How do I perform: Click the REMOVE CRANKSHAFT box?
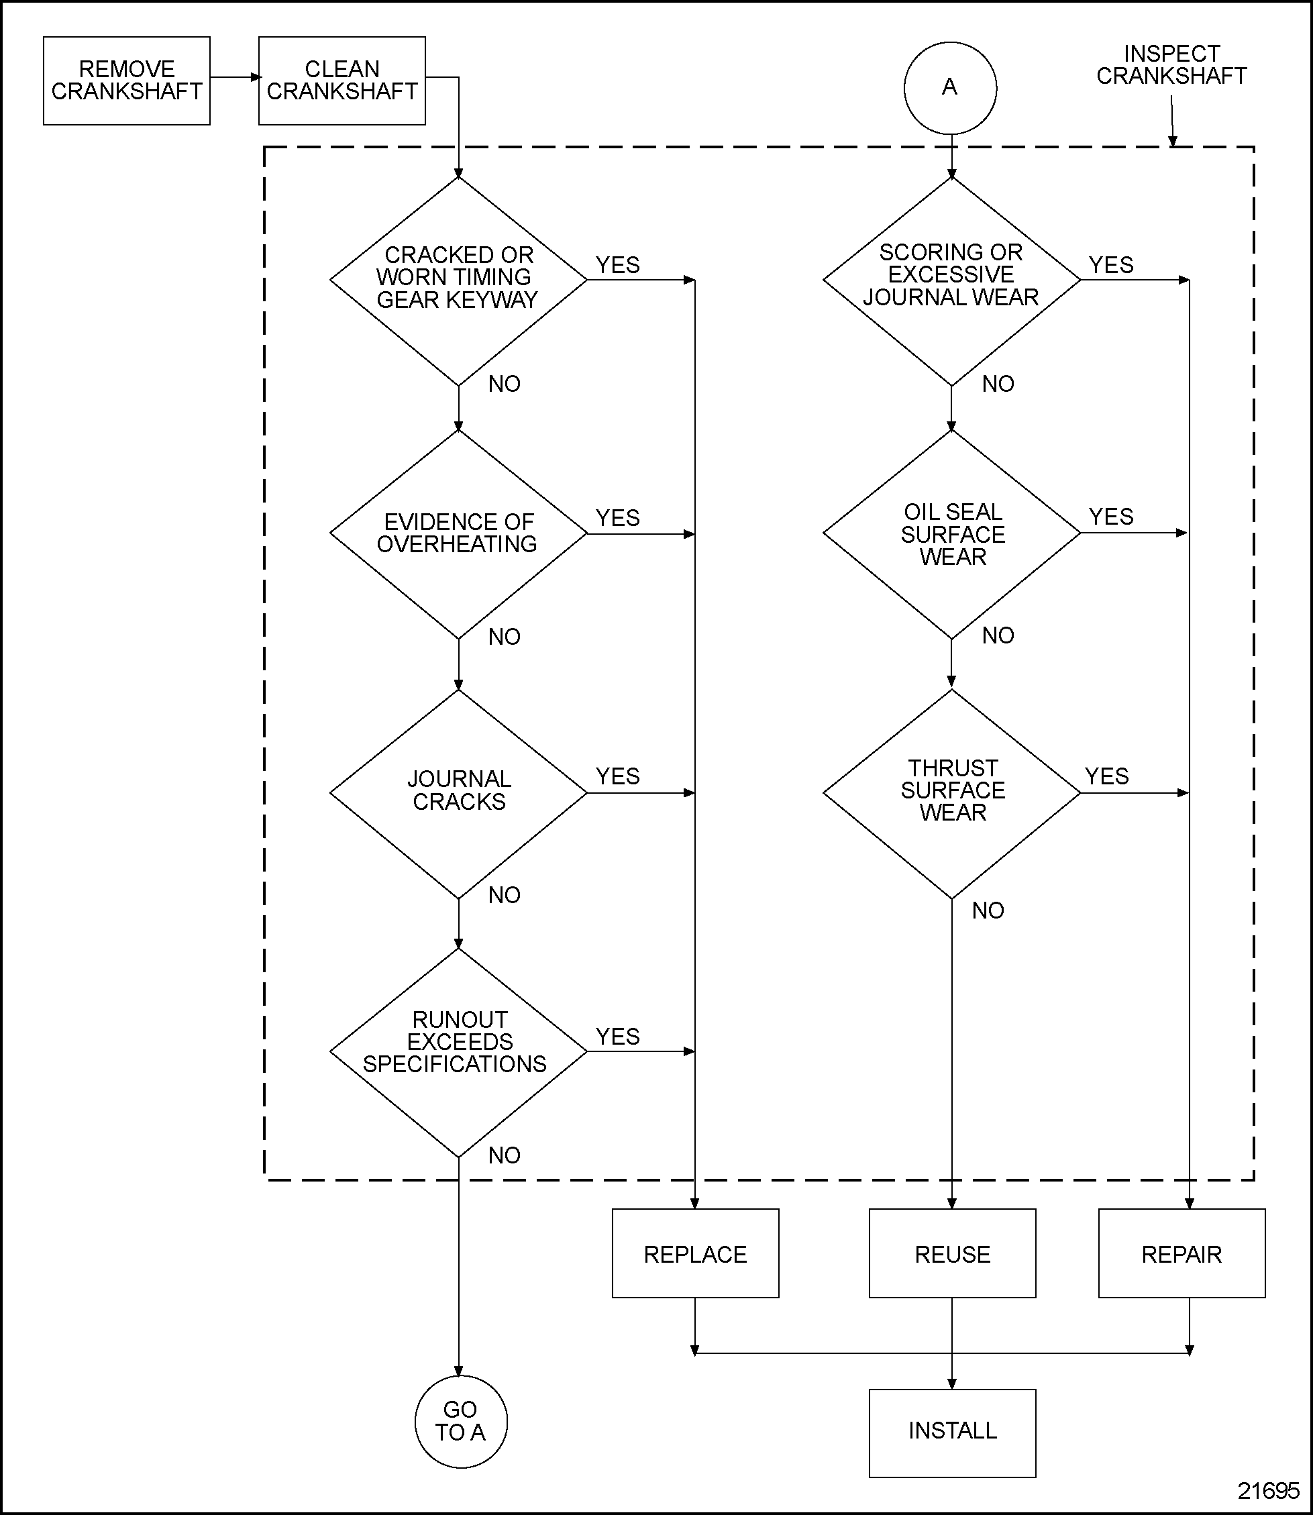126,81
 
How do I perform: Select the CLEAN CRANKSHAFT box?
342,81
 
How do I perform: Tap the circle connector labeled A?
949,88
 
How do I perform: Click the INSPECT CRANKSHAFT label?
1171,64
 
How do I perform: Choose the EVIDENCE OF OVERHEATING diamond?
458,533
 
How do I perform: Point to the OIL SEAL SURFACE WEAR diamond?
951,533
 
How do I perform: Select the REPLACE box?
694,1254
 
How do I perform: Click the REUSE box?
952,1254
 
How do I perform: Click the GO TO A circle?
460,1421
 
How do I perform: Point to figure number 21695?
1267,1490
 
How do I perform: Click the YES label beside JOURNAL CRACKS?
617,776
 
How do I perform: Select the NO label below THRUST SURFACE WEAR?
987,910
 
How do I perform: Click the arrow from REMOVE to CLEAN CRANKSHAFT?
234,77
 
